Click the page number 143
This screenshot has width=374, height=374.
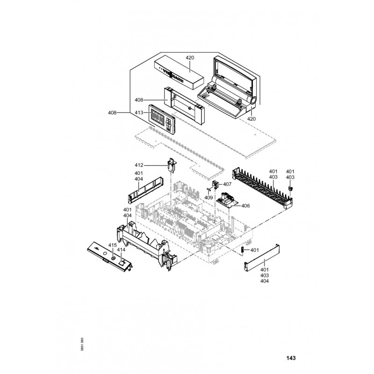[290, 359]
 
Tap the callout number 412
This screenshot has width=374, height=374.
[139, 165]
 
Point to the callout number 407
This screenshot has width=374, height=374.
[227, 184]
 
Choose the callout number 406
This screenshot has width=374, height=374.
[245, 206]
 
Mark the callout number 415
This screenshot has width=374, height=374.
[112, 245]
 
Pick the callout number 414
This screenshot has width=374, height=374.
[121, 250]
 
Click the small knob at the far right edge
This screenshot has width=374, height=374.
[290, 187]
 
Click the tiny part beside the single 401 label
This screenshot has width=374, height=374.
[243, 250]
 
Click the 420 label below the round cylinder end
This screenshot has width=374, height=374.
[252, 119]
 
